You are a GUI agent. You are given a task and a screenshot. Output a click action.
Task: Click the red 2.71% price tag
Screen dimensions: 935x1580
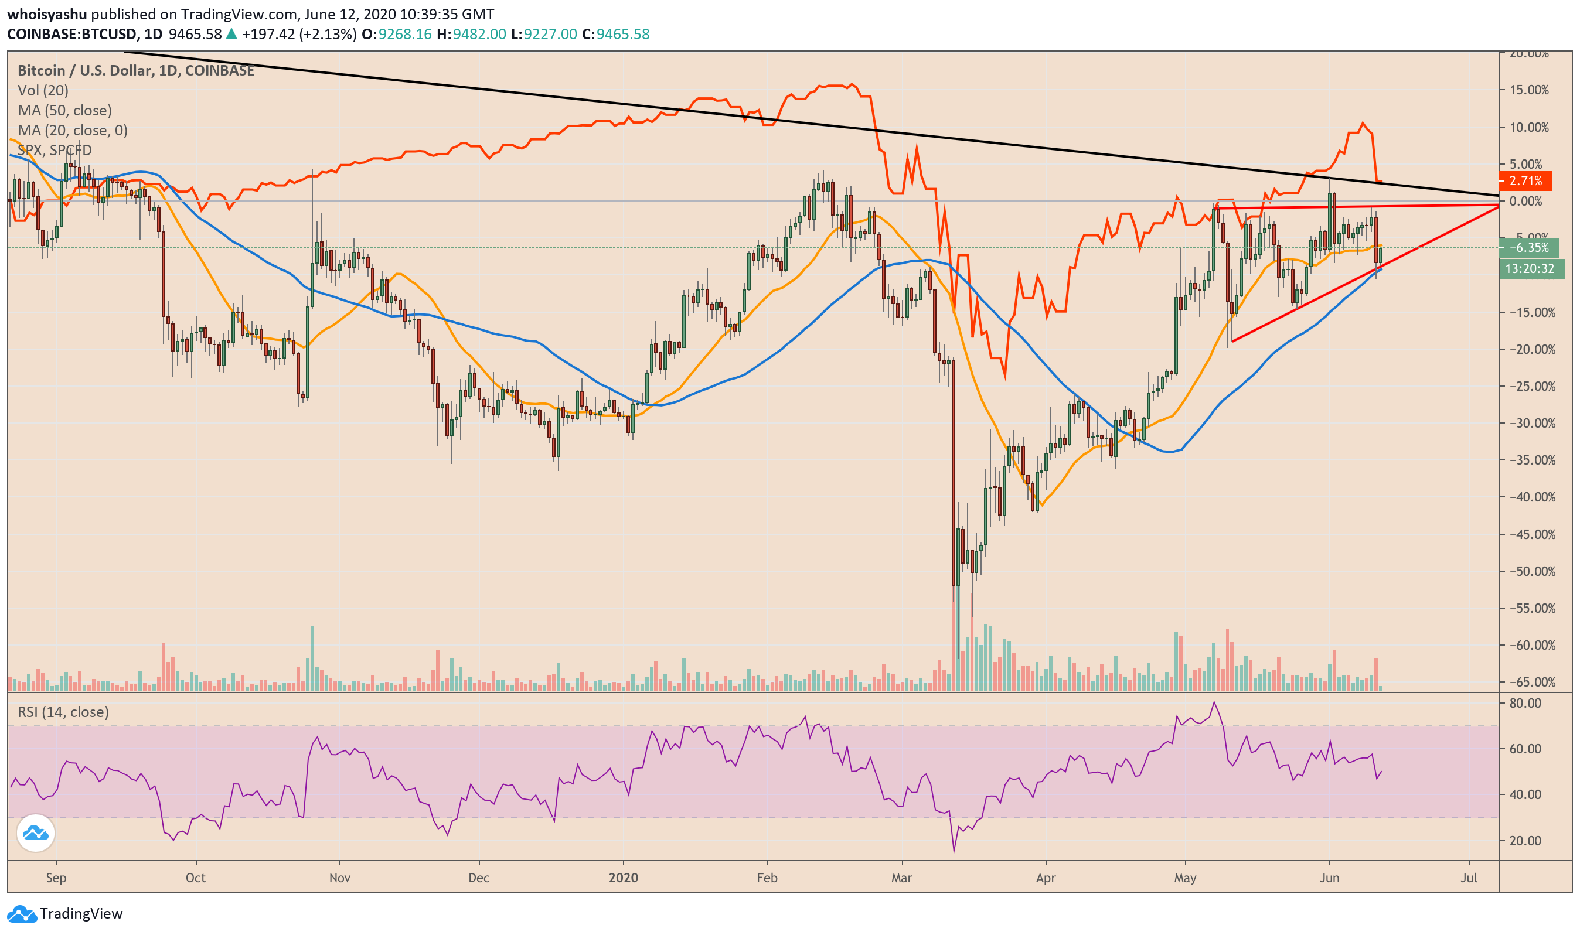point(1524,182)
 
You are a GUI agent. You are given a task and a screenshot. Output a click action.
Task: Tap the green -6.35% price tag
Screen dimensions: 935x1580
point(1528,248)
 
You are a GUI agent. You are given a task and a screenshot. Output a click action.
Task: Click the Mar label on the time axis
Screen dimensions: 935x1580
point(901,878)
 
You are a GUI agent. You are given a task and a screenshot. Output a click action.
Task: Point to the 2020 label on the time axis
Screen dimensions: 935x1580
point(624,878)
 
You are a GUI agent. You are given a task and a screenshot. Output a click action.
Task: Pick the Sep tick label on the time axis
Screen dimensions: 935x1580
point(56,878)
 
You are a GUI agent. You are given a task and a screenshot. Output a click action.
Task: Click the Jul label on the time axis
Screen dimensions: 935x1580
point(1469,878)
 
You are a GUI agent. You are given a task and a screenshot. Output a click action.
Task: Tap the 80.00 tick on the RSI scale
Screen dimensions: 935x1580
point(1525,703)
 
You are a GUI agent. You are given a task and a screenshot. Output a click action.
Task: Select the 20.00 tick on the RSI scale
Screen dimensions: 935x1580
point(1525,841)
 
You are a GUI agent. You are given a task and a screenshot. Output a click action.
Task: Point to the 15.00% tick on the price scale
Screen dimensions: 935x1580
point(1528,90)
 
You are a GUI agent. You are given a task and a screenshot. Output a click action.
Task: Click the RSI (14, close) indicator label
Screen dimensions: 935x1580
point(63,712)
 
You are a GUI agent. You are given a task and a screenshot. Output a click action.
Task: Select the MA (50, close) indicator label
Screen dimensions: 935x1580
point(64,110)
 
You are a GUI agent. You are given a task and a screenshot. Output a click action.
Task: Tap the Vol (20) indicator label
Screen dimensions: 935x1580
point(43,91)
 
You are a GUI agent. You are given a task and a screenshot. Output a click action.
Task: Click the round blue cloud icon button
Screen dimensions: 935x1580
point(35,834)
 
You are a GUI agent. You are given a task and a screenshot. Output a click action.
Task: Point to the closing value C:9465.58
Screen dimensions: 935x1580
point(615,34)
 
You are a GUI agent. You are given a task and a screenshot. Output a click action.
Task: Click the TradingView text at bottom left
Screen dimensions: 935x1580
point(81,913)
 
